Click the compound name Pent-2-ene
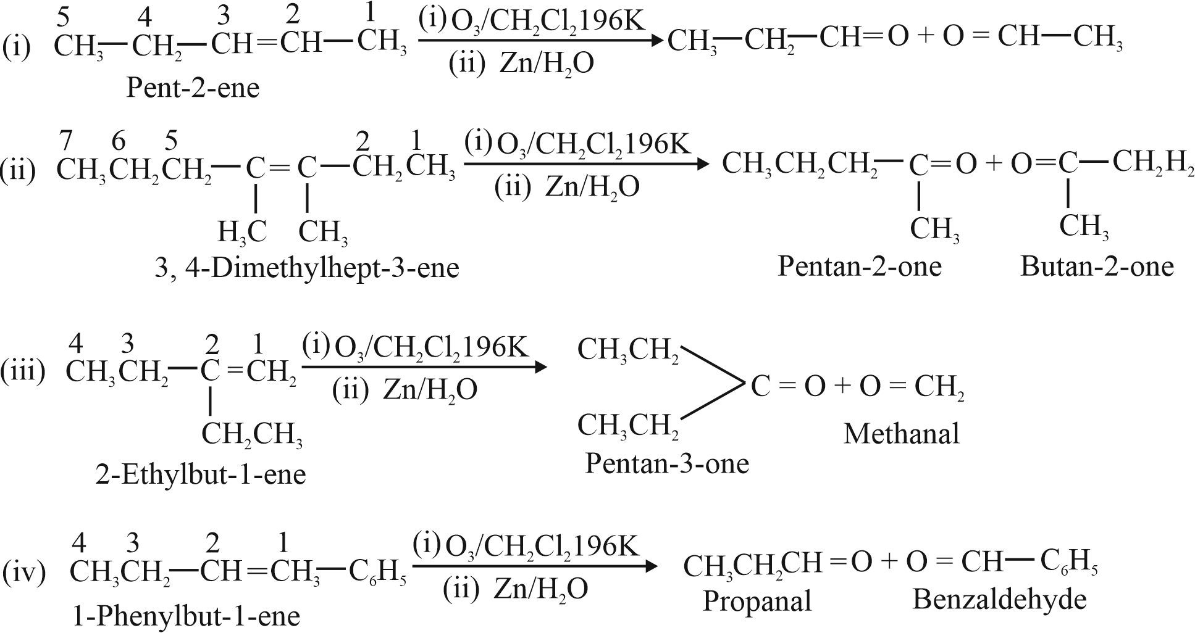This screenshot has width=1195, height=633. pos(193,88)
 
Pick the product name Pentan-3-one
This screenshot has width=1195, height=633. pos(667,463)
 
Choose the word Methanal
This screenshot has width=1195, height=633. pos(902,434)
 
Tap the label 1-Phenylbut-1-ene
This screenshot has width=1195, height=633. pos(186,616)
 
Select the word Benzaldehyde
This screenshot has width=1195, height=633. pos(1000,599)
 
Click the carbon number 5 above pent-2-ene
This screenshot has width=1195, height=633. pos(63,19)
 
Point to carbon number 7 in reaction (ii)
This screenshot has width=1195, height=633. pos(66,142)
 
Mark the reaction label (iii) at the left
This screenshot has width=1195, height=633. pos(23,372)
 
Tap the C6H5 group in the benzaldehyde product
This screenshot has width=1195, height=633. pos(1069,562)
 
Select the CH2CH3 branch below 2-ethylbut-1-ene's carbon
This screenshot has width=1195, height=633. pos(252,435)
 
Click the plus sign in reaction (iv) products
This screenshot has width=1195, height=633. pos(888,562)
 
